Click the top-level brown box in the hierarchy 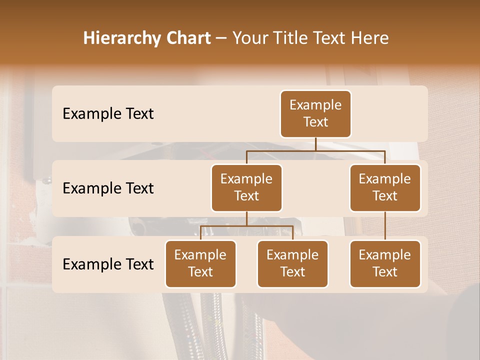point(315,113)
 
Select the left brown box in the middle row point(246,187)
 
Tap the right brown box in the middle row point(385,187)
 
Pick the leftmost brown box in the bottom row point(200,263)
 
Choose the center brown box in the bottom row point(292,263)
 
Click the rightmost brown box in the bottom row point(385,263)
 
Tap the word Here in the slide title point(370,38)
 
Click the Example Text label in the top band point(108,113)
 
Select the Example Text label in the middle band point(108,188)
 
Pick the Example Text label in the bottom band point(108,264)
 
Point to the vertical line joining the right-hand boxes point(385,226)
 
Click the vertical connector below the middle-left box point(246,218)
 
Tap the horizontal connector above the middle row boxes point(350,150)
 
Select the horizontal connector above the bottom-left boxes point(270,226)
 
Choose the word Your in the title point(249,38)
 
